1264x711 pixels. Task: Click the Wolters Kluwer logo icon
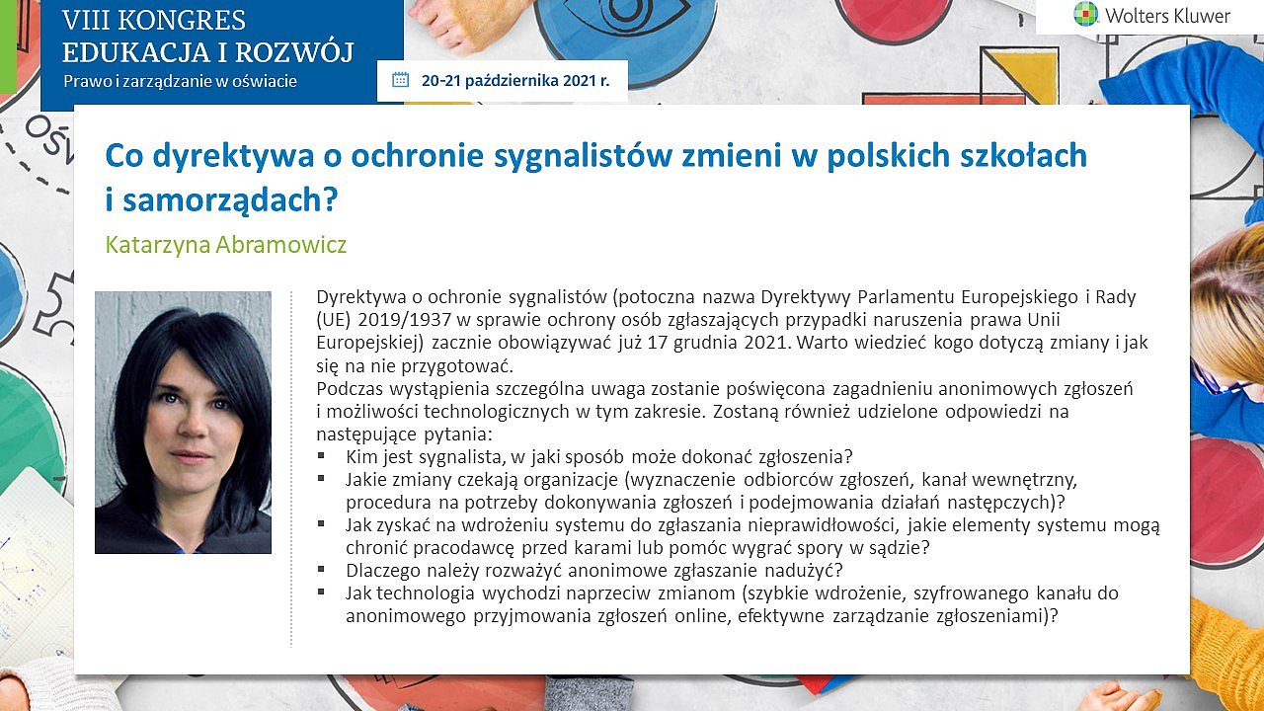1085,14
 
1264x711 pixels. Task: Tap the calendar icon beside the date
400,80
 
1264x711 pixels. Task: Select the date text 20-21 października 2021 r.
515,81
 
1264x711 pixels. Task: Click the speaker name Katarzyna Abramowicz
226,245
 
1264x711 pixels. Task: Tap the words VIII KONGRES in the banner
154,21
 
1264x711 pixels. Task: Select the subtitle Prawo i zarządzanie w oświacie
180,81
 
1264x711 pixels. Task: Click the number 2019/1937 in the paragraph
405,320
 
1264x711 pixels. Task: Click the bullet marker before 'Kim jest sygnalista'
321,455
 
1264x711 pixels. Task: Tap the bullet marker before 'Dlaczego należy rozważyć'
321,569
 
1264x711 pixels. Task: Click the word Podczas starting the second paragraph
350,389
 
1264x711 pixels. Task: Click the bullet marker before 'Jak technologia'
321,592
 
